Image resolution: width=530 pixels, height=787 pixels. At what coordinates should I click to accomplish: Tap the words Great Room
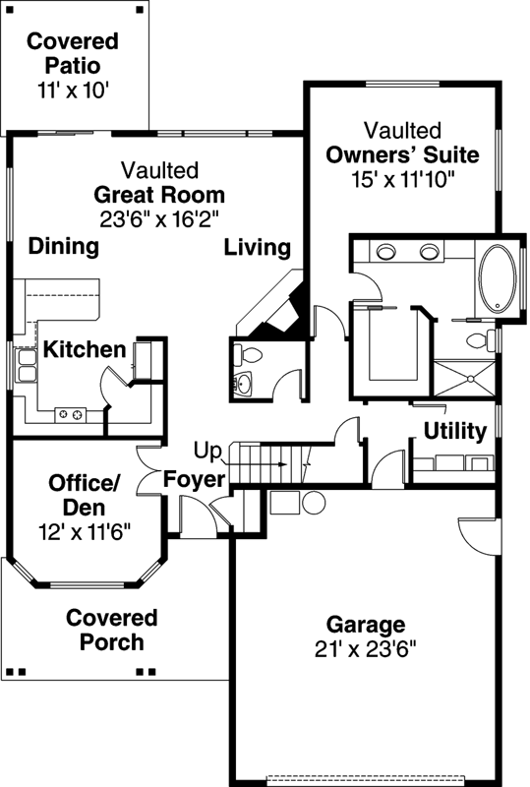159,194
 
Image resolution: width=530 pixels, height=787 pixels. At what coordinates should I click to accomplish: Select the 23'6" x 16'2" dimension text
159,218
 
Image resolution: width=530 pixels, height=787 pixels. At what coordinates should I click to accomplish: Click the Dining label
64,247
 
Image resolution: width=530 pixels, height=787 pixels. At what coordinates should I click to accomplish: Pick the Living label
257,247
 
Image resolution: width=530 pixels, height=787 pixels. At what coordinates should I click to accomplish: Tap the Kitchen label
86,350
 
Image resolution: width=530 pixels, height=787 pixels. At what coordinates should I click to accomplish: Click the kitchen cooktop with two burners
71,414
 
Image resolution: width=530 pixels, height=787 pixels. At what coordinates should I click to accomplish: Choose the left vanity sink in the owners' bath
385,252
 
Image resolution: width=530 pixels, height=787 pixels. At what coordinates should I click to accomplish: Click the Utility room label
454,431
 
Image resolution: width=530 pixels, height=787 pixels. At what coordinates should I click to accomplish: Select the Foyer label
195,479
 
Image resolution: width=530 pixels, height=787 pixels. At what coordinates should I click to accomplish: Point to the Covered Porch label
111,630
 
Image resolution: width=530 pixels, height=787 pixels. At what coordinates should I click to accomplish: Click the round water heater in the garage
314,504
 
